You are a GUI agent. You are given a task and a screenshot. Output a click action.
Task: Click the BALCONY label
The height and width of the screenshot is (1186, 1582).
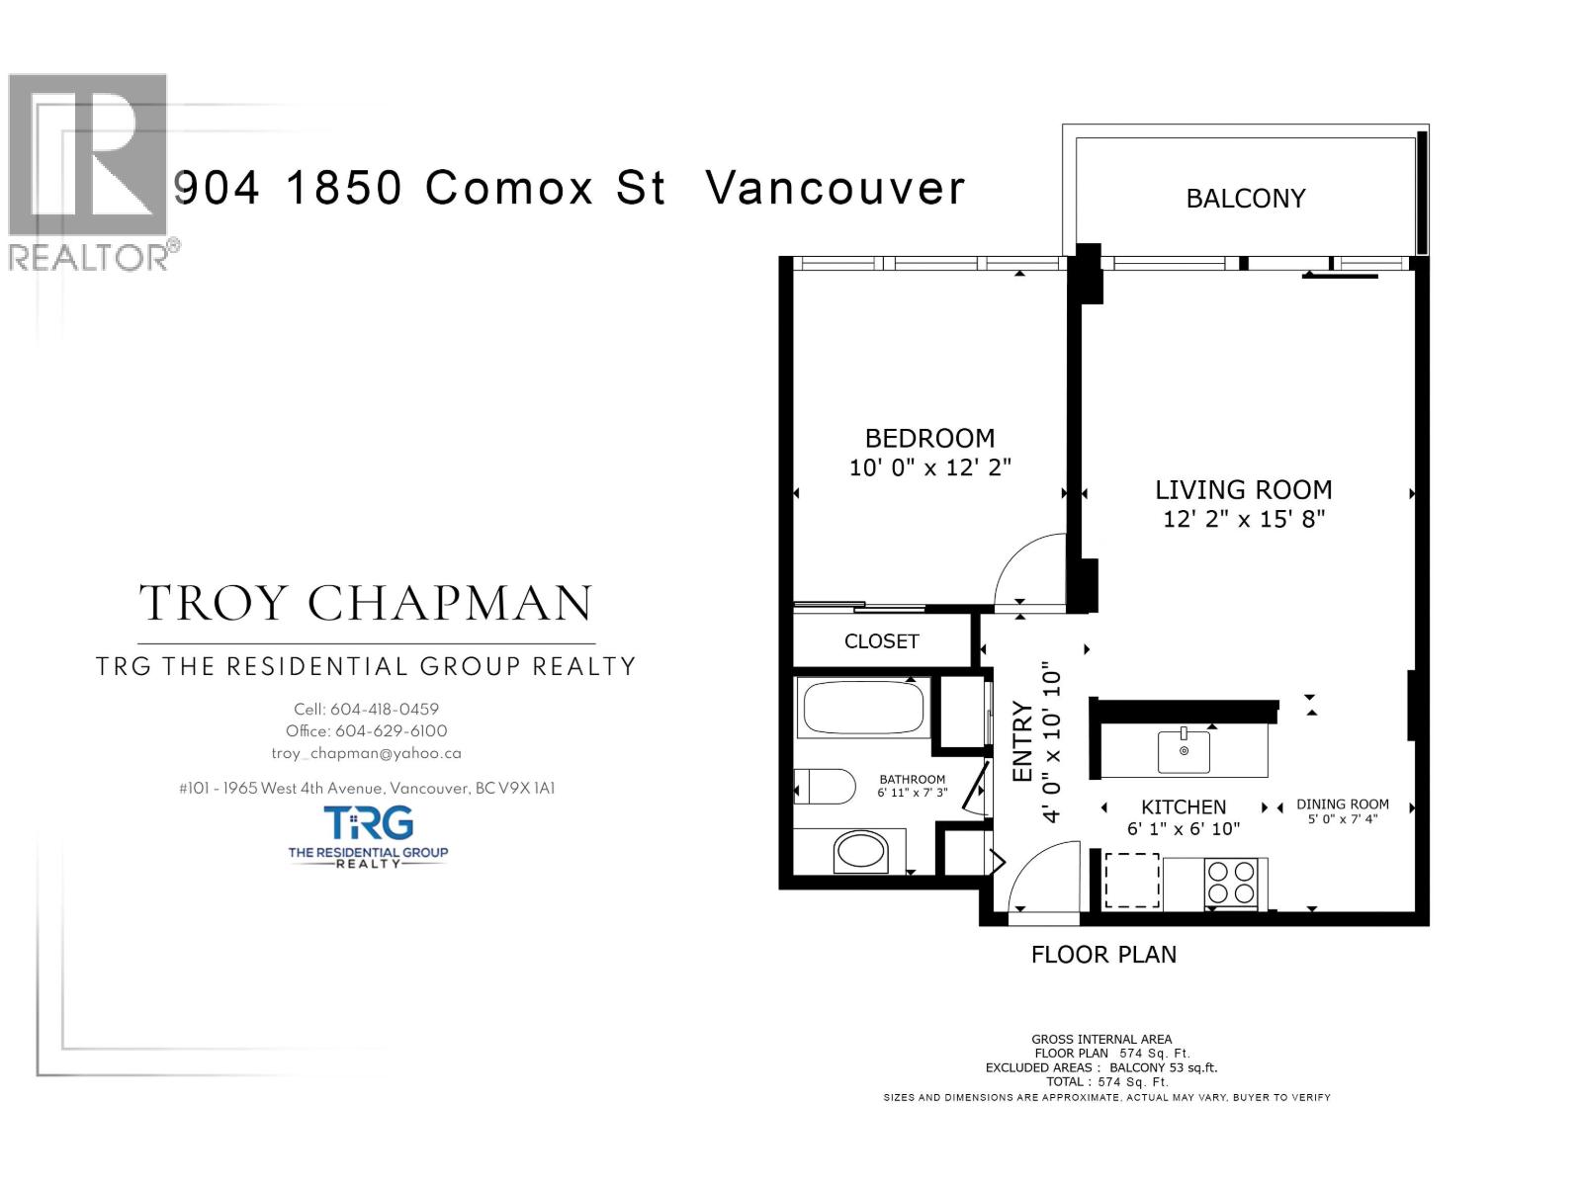tap(1245, 199)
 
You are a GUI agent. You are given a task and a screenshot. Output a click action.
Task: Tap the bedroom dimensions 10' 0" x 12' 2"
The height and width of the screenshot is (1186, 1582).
tap(929, 467)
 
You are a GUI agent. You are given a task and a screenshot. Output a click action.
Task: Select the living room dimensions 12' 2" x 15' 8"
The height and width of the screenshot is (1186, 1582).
tap(1243, 519)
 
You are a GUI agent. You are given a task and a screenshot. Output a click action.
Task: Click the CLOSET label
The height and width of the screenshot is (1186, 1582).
tap(881, 641)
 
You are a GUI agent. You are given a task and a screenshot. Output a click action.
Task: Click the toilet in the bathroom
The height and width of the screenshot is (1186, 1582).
tap(829, 788)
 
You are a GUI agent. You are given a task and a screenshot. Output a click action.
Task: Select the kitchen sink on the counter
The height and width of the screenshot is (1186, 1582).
tap(1184, 751)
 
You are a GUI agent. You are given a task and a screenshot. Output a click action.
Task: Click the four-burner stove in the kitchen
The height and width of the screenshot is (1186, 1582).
tap(1230, 883)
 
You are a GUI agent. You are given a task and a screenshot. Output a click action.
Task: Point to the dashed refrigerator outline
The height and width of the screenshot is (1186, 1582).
tap(1131, 881)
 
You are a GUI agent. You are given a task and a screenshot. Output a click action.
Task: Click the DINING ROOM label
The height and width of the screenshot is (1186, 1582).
tap(1342, 805)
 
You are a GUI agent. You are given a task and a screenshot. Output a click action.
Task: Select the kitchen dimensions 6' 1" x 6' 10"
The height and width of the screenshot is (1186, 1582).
tap(1183, 829)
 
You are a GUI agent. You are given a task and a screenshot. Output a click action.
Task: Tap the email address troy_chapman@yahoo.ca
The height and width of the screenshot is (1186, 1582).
tap(366, 753)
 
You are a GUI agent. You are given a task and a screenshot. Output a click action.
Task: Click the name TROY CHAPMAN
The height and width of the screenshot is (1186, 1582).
tap(366, 603)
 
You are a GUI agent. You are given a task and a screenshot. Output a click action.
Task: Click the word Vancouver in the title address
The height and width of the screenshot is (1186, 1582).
tap(835, 188)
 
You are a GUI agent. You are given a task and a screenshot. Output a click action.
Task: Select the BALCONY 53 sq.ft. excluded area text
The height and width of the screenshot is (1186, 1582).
tap(1163, 1067)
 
